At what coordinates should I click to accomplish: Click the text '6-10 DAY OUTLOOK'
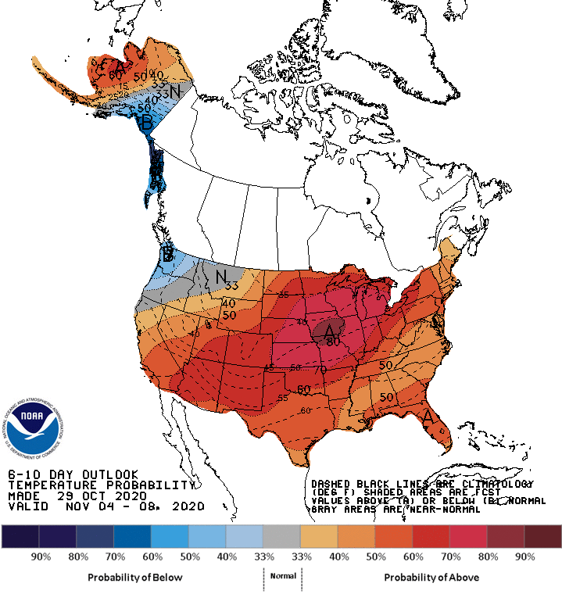[73, 474]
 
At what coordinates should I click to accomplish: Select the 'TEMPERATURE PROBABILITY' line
[100, 485]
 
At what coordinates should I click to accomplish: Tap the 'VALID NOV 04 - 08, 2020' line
[106, 506]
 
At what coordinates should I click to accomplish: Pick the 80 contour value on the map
[332, 342]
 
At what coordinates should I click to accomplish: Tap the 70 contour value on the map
[320, 369]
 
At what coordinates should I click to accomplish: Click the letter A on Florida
[428, 417]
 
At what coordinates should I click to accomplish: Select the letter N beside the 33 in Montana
[221, 277]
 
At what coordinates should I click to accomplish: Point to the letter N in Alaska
[176, 91]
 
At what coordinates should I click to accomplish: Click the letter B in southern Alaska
[145, 123]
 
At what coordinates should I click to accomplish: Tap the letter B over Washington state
[167, 254]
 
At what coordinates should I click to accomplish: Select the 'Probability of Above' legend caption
[431, 577]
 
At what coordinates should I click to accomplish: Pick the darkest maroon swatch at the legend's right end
[542, 535]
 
